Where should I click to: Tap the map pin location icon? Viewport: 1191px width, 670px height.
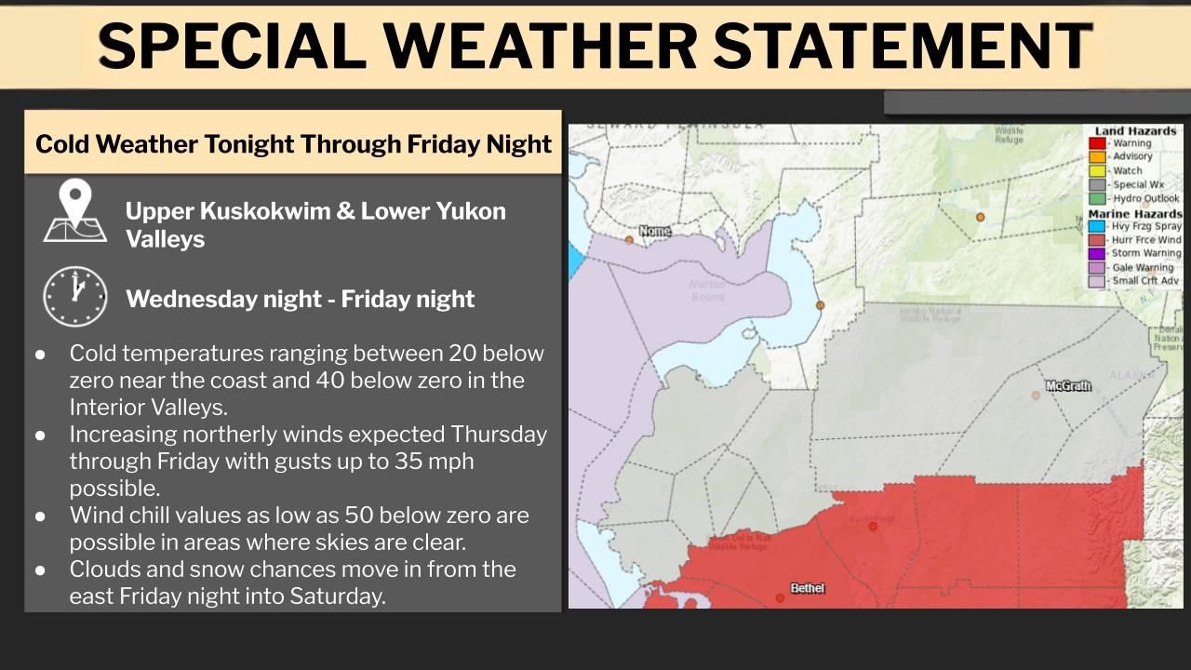74,210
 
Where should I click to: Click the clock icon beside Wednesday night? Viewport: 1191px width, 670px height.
75,297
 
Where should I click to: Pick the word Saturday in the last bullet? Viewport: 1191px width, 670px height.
335,596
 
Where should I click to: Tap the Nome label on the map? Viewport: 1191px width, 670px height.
655,230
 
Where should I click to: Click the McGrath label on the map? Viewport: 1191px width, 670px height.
1067,385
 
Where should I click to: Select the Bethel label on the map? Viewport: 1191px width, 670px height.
807,588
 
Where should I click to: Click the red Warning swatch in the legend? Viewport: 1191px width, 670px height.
1098,143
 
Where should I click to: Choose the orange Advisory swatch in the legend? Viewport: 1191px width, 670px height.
1098,157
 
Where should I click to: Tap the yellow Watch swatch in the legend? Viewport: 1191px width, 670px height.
1098,171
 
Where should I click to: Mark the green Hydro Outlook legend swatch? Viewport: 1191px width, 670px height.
1098,198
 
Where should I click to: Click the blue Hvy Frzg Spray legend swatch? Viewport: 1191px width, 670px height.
1098,226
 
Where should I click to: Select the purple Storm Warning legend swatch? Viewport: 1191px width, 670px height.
1098,253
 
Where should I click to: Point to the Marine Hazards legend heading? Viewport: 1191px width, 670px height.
1135,213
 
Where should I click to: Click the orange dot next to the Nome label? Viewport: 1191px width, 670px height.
629,240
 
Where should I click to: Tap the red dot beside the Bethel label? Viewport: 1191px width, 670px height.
780,597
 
